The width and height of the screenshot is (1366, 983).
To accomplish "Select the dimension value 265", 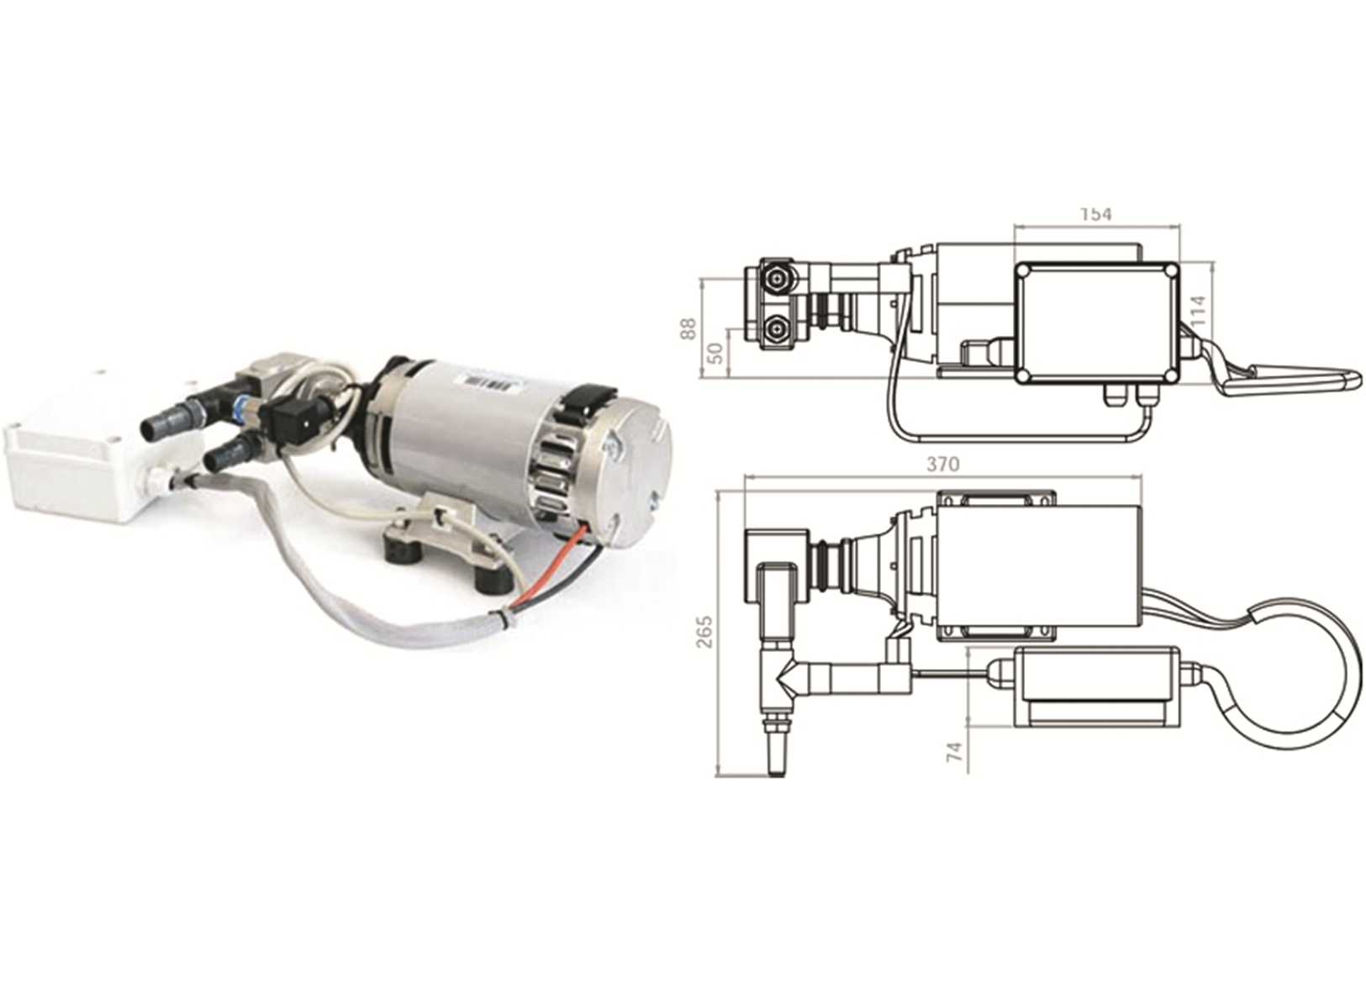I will (x=704, y=631).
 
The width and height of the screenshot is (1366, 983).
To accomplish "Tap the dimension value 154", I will (x=1095, y=214).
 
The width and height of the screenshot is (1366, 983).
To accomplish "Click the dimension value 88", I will (x=688, y=327).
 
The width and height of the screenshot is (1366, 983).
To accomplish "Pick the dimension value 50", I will (x=715, y=351).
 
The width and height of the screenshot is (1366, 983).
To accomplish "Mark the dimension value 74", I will (x=953, y=750).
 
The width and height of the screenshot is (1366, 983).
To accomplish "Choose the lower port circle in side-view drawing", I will (x=777, y=329).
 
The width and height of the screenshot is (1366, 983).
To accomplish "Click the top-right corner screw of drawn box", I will (x=1168, y=271).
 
